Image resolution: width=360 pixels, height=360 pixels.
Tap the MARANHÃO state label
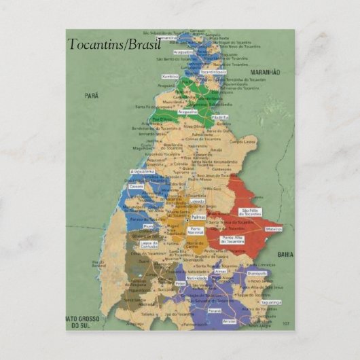pyautogui.click(x=266, y=71)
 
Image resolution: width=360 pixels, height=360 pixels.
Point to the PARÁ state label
pyautogui.click(x=91, y=96)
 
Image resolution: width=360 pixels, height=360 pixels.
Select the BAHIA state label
pyautogui.click(x=285, y=253)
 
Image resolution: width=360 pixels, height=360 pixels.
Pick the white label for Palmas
pyautogui.click(x=198, y=217)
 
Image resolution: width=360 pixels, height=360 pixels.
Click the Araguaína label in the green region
pyautogui.click(x=187, y=111)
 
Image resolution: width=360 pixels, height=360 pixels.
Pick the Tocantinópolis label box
pyautogui.click(x=213, y=71)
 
